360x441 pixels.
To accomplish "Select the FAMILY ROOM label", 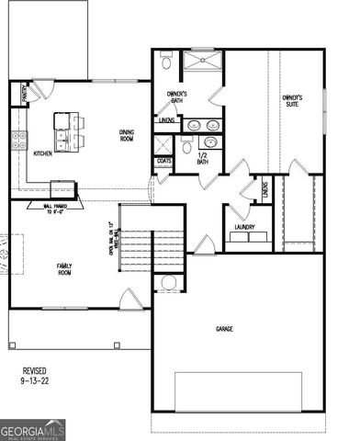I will [64, 268].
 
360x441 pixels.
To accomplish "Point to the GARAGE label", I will [222, 328].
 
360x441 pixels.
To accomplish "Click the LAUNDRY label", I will [244, 227].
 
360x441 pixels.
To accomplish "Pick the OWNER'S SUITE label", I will [293, 100].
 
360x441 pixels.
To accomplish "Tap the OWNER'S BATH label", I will [177, 97].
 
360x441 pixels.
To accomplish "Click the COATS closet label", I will [164, 162].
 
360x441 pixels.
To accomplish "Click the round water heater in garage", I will [168, 283].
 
